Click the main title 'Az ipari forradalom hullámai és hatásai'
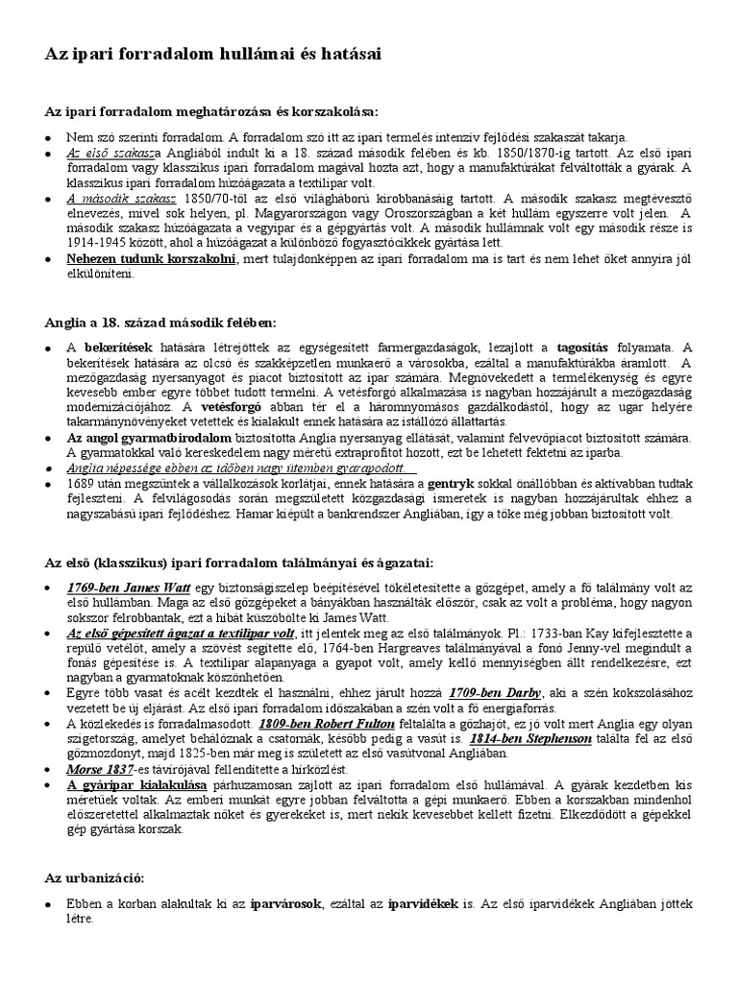212,56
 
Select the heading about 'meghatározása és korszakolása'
211,111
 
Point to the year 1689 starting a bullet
80,484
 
